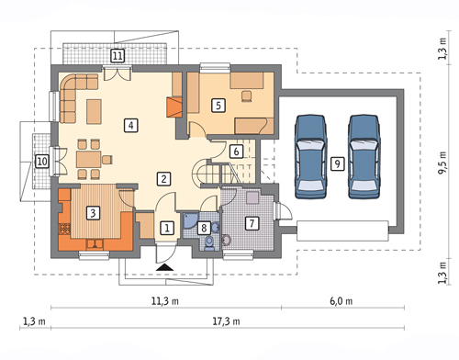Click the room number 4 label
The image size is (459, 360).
(131, 125)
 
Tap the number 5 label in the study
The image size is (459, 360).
(218, 106)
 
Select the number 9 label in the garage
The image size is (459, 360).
(337, 163)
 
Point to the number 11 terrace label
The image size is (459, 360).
(118, 56)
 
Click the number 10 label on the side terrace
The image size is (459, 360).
(42, 161)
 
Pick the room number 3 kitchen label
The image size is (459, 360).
(93, 212)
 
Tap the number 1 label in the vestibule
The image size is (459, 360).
(167, 228)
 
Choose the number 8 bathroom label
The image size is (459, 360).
(204, 228)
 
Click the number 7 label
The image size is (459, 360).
(252, 223)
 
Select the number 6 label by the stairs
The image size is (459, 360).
(236, 152)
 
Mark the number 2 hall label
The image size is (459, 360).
(163, 179)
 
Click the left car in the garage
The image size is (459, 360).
(310, 157)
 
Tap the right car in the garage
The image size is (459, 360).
(364, 157)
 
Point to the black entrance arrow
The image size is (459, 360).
(165, 267)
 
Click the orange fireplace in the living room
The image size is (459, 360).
(174, 107)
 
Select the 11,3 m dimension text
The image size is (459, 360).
(165, 301)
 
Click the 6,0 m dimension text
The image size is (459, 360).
(341, 301)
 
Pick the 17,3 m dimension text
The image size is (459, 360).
(226, 321)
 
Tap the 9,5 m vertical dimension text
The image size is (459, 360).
(442, 163)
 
